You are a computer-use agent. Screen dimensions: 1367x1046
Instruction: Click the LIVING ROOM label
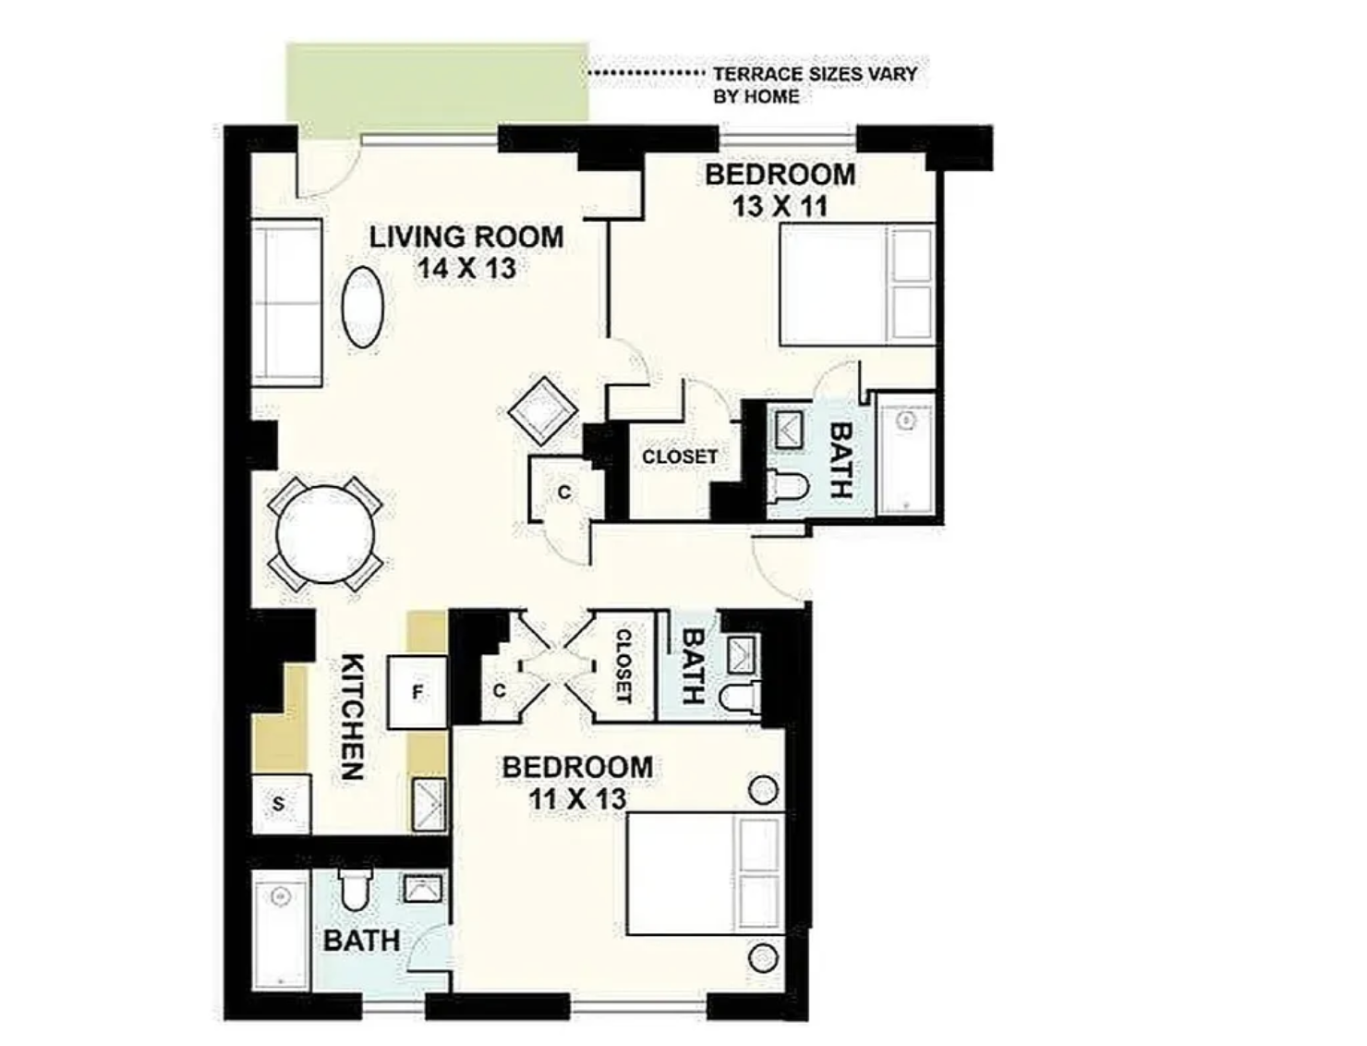click(x=466, y=237)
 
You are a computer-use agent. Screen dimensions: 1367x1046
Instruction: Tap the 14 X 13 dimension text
click(x=466, y=269)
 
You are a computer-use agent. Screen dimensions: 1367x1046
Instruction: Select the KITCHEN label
click(x=353, y=717)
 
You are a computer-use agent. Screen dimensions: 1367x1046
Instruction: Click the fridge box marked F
click(x=417, y=691)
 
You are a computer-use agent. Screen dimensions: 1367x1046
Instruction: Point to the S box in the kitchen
click(x=281, y=804)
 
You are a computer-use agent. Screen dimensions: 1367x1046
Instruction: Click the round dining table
click(x=325, y=534)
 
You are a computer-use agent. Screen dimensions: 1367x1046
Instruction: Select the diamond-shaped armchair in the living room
click(x=543, y=410)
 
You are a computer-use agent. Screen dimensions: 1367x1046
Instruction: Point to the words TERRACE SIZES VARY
click(x=816, y=74)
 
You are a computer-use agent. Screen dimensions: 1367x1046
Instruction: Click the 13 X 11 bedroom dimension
click(x=780, y=206)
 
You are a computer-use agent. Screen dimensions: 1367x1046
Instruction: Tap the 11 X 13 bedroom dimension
click(x=577, y=798)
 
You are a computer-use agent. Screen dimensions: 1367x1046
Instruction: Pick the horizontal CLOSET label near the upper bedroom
click(x=680, y=456)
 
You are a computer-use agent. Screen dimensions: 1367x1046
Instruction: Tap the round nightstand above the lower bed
click(x=763, y=791)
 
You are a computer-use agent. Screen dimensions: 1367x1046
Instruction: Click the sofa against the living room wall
click(x=286, y=303)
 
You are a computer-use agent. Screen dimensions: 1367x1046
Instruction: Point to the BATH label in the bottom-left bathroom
click(x=362, y=941)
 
